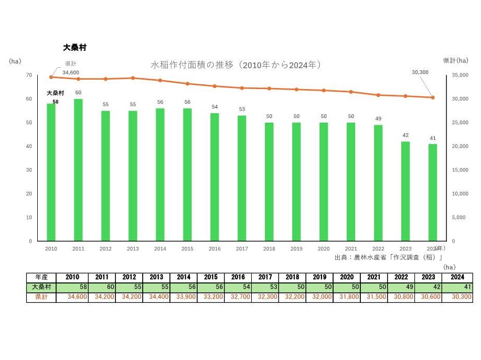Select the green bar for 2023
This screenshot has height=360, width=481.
[x=405, y=191]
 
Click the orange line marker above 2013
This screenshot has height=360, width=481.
[x=133, y=78]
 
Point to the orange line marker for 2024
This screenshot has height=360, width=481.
[x=433, y=97]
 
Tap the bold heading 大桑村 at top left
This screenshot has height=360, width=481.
[x=74, y=47]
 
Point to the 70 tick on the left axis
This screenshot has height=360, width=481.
[x=29, y=75]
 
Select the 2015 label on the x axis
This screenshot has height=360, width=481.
[x=187, y=249]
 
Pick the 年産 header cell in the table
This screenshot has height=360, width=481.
[x=42, y=278]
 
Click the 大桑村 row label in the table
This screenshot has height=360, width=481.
[x=42, y=287]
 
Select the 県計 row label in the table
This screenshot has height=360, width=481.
[x=42, y=297]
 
